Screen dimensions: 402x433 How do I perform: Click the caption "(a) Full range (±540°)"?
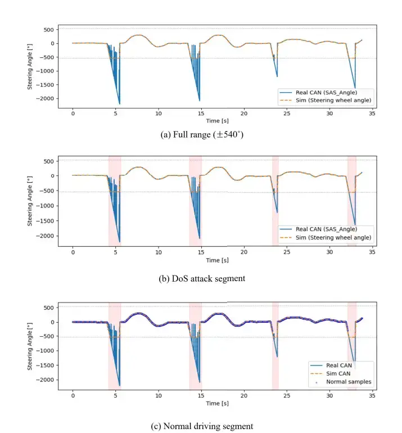202,134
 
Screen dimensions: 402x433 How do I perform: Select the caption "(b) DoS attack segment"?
202,278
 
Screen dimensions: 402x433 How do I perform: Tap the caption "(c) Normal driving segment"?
202,426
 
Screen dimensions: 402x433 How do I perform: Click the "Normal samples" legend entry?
349,382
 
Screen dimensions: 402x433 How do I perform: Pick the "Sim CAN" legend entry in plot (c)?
338,373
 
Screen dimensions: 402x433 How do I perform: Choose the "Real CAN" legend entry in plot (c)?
339,366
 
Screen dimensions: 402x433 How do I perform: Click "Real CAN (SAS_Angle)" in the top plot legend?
326,93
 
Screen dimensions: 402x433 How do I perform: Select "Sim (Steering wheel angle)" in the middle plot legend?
333,237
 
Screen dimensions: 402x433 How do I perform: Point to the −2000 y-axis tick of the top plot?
45,98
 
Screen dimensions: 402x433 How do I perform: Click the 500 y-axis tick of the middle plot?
49,161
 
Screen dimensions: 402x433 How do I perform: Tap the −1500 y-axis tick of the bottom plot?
45,365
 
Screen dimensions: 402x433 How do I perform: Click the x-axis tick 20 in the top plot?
244,114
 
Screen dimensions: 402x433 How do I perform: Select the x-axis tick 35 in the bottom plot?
372,396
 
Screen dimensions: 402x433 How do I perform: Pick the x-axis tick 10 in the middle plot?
159,252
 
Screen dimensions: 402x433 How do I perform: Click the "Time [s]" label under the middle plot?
217,260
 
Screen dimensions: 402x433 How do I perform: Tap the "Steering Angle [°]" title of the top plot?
30,66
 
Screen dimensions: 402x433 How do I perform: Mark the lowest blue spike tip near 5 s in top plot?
120,104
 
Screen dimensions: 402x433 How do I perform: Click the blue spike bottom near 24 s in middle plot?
277,213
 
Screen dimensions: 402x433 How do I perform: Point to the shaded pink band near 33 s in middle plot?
352,201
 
